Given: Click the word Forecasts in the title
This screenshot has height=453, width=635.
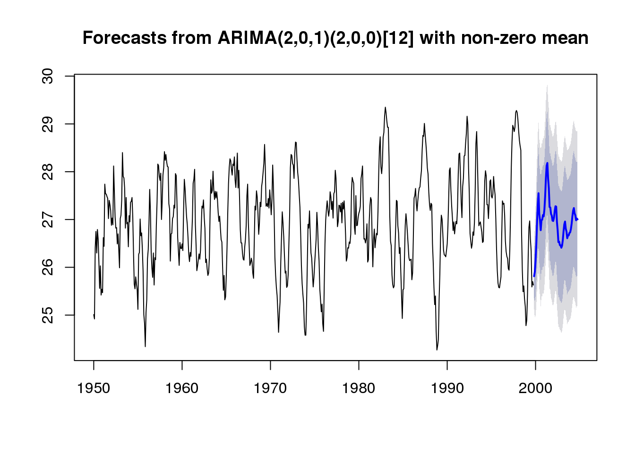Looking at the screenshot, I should [x=125, y=38].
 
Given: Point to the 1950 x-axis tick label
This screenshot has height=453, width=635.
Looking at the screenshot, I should [x=94, y=388].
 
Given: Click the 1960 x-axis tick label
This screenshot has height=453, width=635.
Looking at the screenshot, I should [x=182, y=388].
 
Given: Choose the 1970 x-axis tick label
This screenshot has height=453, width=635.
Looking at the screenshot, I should [x=270, y=388].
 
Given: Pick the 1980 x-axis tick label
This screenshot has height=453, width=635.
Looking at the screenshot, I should [x=359, y=388].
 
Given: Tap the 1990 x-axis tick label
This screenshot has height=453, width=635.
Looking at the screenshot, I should [x=447, y=388].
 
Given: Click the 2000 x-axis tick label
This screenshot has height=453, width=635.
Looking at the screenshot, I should [x=535, y=388].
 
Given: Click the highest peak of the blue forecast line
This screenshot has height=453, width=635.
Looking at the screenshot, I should [x=547, y=163].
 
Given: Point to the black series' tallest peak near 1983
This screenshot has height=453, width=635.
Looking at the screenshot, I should [x=386, y=107].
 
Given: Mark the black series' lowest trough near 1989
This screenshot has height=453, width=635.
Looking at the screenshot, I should [x=437, y=350].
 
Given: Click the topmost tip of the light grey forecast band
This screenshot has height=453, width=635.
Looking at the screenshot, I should [x=547, y=85].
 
